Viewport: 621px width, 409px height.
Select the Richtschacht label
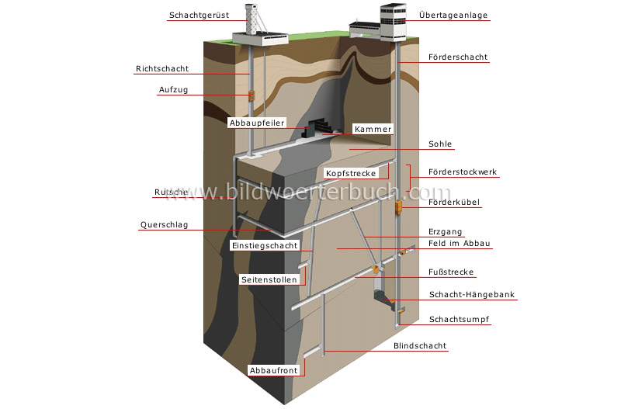(x=162, y=69)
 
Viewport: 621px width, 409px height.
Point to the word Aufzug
(x=173, y=90)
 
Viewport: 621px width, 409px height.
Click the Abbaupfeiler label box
(x=257, y=123)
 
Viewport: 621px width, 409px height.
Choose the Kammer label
(x=372, y=129)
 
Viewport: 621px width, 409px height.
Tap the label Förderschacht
(x=457, y=57)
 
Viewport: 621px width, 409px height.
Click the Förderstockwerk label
(x=463, y=172)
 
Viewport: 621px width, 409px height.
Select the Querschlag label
(x=164, y=226)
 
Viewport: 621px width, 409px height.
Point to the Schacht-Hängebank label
(x=472, y=295)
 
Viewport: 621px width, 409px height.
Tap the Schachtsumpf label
(x=460, y=319)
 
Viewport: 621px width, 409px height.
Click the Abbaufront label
(x=273, y=370)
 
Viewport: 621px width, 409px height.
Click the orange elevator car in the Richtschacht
(x=251, y=95)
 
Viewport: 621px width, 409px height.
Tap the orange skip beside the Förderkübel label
(x=398, y=207)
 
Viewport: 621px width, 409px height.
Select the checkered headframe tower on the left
(x=251, y=20)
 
